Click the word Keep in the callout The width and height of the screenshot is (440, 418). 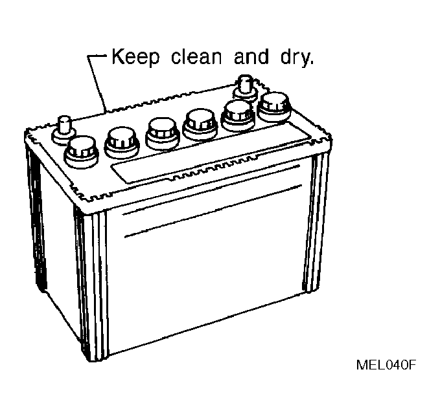pyautogui.click(x=135, y=57)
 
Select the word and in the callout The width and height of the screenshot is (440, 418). pyautogui.click(x=251, y=56)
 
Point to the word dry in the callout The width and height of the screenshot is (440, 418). pyautogui.click(x=295, y=58)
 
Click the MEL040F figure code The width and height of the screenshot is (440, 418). pyautogui.click(x=386, y=365)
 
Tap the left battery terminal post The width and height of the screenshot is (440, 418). pyautogui.click(x=64, y=129)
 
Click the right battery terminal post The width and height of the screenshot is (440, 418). pyautogui.click(x=245, y=88)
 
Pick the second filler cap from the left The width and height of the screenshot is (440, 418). pyautogui.click(x=122, y=142)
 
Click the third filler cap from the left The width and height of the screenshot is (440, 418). pyautogui.click(x=162, y=133)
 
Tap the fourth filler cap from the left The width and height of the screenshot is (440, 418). pyautogui.click(x=200, y=124)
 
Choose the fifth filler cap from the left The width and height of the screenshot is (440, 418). pyautogui.click(x=238, y=115)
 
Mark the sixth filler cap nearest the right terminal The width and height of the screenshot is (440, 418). pyautogui.click(x=274, y=107)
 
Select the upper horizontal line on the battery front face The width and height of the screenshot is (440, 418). pyautogui.click(x=211, y=190)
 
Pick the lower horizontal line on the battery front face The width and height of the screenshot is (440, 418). pyautogui.click(x=213, y=211)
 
